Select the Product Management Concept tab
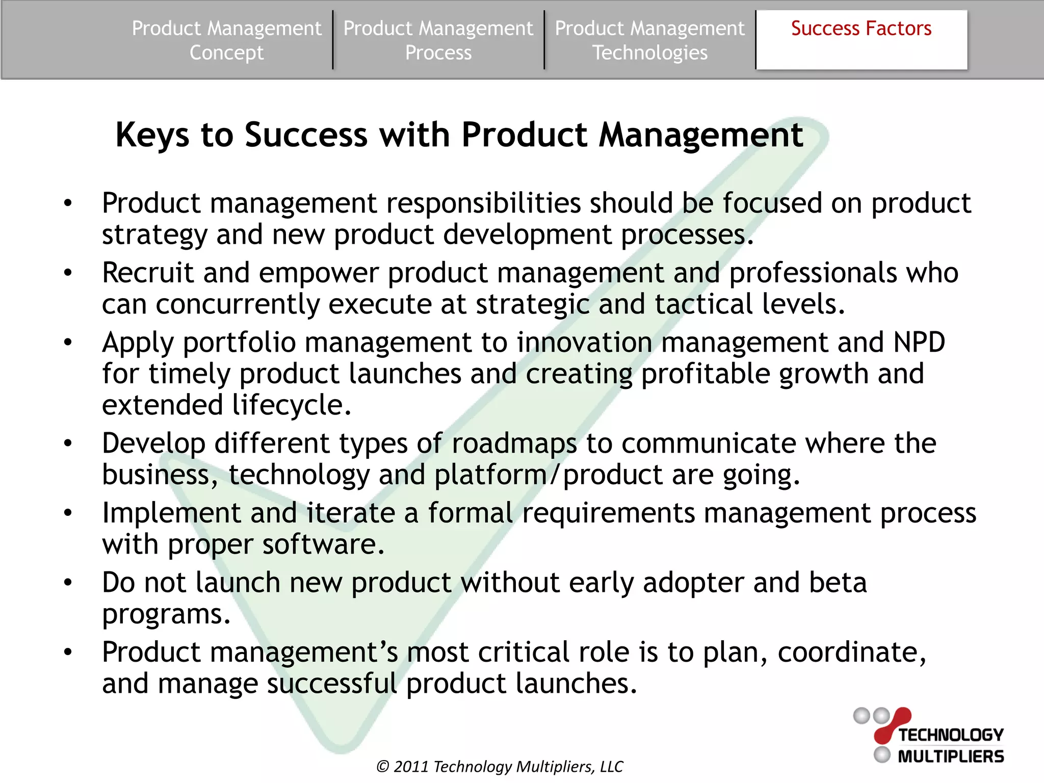[226, 40]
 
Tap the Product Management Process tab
[438, 40]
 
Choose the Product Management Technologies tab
[649, 40]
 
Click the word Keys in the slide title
[152, 136]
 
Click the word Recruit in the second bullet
[148, 273]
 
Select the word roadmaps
[514, 443]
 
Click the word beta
[838, 583]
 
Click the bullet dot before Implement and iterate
[68, 513]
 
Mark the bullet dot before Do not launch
[68, 583]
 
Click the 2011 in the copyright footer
[411, 767]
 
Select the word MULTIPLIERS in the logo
[951, 756]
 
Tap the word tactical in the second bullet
[703, 304]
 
